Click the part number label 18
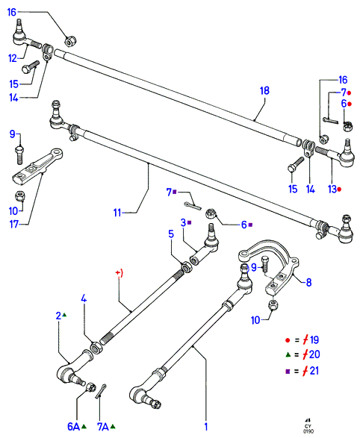click(264, 90)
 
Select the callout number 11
click(117, 213)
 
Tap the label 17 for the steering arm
click(14, 224)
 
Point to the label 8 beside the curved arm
click(308, 282)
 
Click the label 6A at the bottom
click(73, 427)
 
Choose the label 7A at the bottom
click(102, 427)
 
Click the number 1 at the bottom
click(206, 427)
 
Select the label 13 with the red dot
click(332, 189)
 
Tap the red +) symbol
click(120, 272)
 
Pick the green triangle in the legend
click(288, 354)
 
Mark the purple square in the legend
click(288, 372)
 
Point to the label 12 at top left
click(13, 58)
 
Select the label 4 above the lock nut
click(84, 298)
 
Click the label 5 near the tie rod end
click(171, 234)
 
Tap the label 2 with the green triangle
click(58, 316)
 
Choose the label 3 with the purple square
click(183, 222)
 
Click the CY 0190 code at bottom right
click(308, 429)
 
